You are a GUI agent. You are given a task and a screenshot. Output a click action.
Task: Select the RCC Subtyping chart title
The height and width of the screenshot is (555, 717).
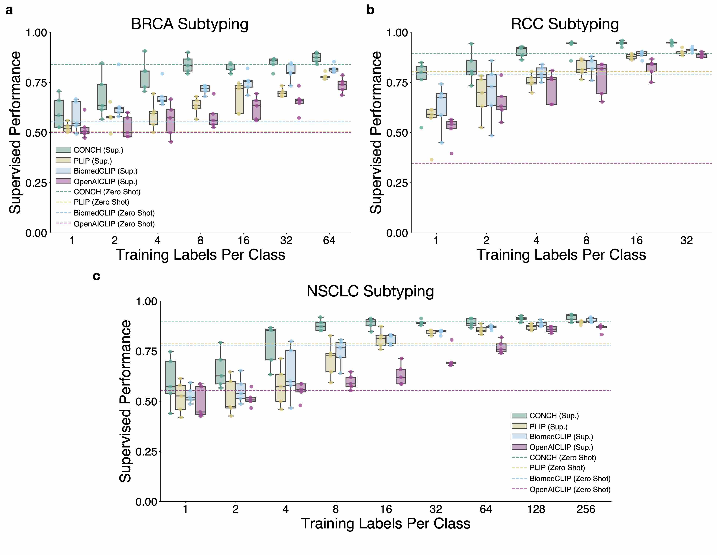565,24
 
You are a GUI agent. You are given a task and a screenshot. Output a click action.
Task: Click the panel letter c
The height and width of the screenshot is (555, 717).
96,276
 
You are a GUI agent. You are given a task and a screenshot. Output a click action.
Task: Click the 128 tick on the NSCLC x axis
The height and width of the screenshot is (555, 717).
536,509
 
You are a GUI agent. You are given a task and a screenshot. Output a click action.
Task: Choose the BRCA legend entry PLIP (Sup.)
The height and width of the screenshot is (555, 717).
93,161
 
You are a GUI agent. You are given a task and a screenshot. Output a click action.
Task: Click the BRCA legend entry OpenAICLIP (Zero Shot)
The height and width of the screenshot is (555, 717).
114,224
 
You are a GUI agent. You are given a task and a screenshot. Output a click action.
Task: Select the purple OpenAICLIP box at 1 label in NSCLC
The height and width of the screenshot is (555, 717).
201,401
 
